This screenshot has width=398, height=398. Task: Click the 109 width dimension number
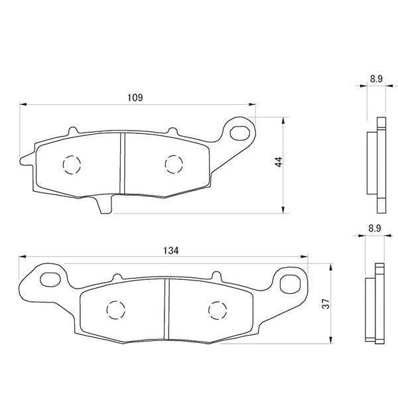tap(135, 98)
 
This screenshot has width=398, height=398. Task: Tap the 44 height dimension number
tap(279, 163)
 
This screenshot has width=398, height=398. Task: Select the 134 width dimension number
tap(170, 250)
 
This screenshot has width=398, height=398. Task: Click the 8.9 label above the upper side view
tap(376, 79)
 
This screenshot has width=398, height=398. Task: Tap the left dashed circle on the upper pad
tap(71, 164)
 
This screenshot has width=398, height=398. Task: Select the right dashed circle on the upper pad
tap(172, 163)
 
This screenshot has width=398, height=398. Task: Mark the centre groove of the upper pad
tap(122, 163)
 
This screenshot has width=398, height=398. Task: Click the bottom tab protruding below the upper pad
tap(104, 204)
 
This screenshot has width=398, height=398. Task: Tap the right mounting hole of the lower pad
tap(289, 283)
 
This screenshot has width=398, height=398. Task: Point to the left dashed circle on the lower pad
tap(115, 309)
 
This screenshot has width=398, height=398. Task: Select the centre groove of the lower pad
tap(166, 309)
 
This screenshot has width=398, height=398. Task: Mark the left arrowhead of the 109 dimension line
tap(23, 104)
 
